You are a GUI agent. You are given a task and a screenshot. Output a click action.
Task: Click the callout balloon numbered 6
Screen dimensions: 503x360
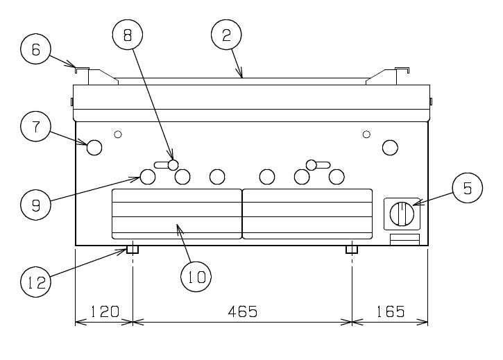coord(35,49)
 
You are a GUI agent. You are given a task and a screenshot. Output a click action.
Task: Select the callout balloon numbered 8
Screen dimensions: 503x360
coord(128,34)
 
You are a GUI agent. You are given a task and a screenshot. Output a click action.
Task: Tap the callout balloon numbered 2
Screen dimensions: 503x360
coord(226,35)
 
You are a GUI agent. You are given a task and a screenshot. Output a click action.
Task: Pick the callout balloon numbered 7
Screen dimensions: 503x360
coord(35,126)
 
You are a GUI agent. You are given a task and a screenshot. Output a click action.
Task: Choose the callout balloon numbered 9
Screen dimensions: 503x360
coord(35,205)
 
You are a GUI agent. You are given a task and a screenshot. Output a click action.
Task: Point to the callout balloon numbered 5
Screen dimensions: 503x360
coord(468,188)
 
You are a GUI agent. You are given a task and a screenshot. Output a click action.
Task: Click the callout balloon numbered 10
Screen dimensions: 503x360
coord(196,277)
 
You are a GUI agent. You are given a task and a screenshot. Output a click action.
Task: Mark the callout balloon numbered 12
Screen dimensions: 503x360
coord(35,282)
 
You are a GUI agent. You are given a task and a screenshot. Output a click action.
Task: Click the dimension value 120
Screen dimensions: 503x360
coord(105,311)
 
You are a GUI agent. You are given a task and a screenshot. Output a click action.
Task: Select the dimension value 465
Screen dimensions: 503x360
coord(243,311)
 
